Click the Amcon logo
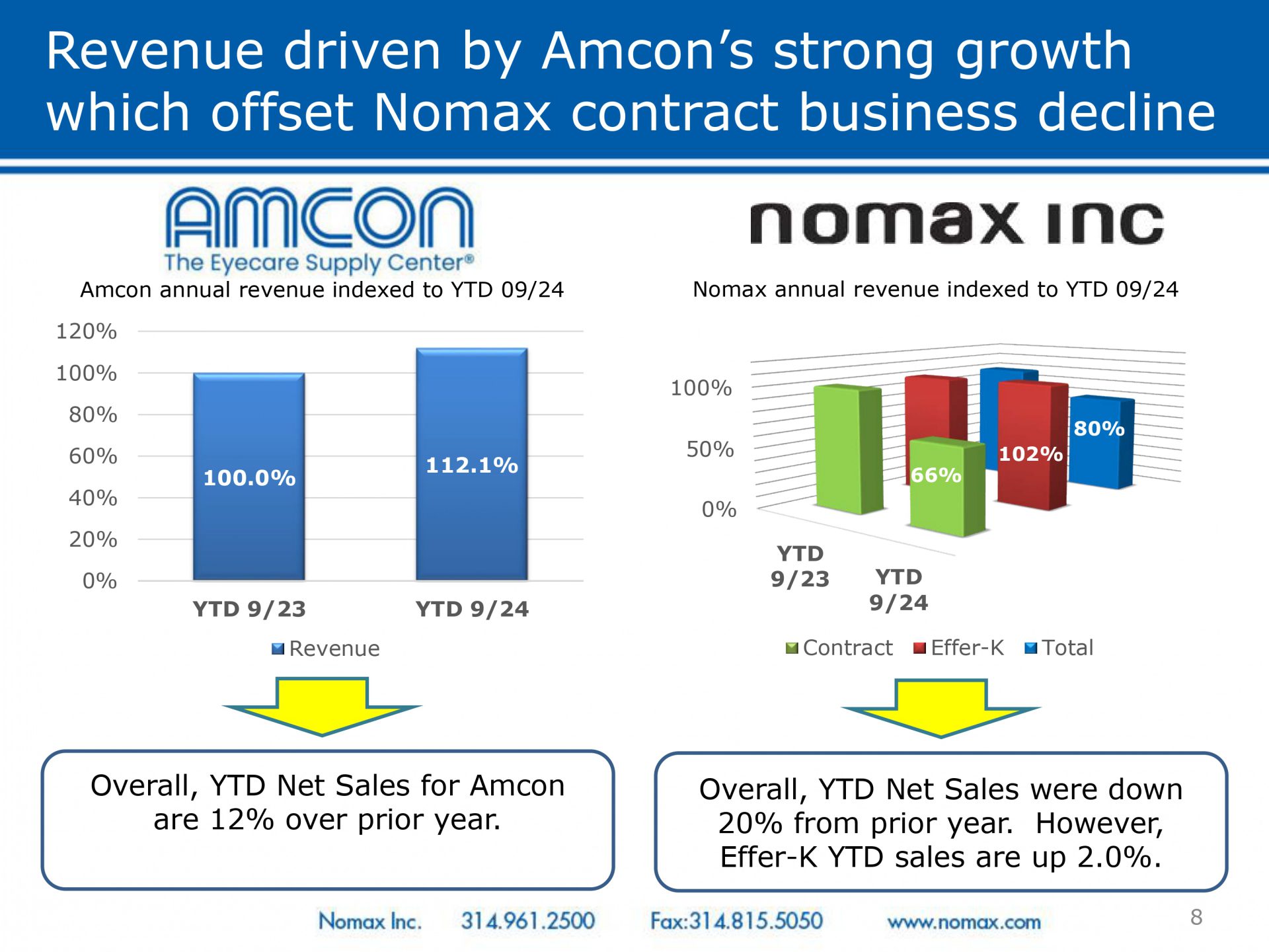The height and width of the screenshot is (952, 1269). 319,229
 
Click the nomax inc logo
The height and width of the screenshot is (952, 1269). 956,223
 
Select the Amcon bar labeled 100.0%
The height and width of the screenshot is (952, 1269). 249,477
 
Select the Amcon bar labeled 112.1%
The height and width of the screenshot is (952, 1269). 472,464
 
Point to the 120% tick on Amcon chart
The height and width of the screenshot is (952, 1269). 87,331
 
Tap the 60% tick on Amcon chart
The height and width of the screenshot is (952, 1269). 93,456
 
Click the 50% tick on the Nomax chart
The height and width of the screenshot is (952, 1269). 711,449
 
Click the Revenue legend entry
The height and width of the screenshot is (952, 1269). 326,649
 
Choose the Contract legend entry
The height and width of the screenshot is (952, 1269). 839,647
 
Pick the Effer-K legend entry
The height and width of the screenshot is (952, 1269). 958,647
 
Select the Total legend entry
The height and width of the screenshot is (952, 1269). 1059,647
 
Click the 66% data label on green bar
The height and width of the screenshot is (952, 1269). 936,475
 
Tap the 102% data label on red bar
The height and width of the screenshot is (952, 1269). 1030,454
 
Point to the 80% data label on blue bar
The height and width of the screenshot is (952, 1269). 1099,428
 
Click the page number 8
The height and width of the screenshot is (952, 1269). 1196,917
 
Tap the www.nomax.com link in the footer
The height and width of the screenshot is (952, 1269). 964,922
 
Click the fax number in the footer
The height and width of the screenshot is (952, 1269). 736,920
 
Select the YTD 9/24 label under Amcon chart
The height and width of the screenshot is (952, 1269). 472,608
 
